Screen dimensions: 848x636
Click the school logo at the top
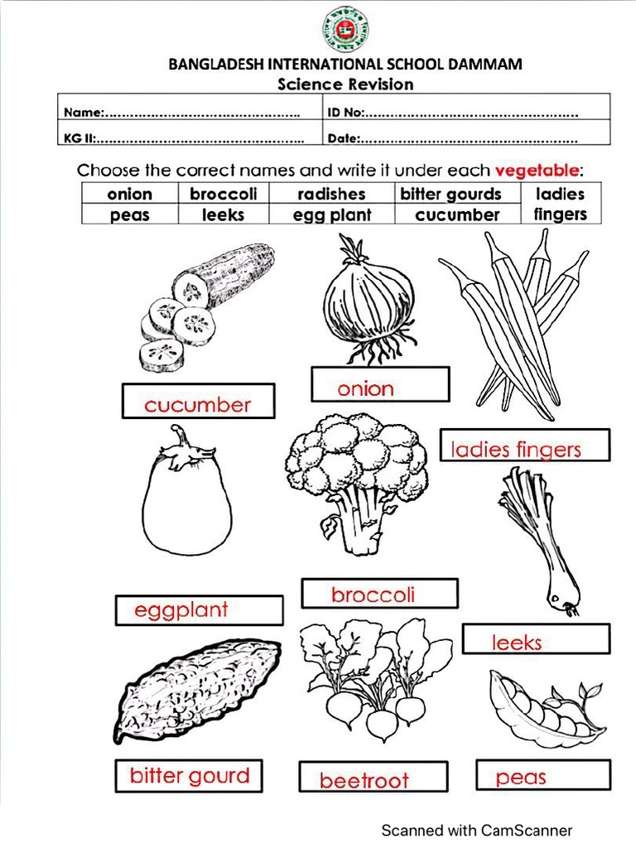click(x=345, y=29)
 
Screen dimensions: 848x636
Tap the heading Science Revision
click(x=345, y=84)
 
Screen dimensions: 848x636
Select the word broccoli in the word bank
click(x=224, y=194)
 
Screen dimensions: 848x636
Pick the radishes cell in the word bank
click(x=331, y=194)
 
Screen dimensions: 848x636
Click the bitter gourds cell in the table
click(x=450, y=194)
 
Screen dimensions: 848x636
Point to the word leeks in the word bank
click(x=224, y=214)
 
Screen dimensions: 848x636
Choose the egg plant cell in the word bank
click(x=331, y=214)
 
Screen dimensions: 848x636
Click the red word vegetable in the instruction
click(x=537, y=171)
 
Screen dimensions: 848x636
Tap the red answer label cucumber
click(x=197, y=405)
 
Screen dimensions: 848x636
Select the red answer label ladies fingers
click(x=516, y=450)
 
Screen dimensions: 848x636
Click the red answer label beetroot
click(x=364, y=780)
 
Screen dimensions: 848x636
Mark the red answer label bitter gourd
click(x=189, y=776)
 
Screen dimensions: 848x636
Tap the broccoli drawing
click(x=357, y=481)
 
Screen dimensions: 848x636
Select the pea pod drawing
click(x=542, y=708)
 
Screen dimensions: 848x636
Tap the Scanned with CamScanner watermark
click(x=476, y=830)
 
